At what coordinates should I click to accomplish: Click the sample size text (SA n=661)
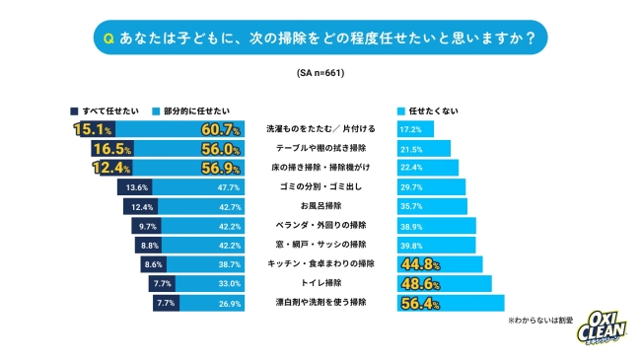click(x=320, y=73)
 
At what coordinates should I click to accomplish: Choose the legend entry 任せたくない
click(x=430, y=110)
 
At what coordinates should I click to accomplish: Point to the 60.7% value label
click(x=222, y=129)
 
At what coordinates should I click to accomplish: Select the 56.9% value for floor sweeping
click(x=222, y=167)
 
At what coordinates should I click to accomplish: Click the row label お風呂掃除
click(x=320, y=206)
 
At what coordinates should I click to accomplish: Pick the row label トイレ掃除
click(x=320, y=282)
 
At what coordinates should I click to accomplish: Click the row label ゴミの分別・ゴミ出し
click(x=320, y=186)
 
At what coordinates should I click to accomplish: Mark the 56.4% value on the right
click(x=420, y=302)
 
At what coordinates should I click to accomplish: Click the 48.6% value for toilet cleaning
click(x=420, y=283)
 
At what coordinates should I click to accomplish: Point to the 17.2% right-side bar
click(x=413, y=129)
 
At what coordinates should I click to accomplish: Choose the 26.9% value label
click(x=228, y=302)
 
